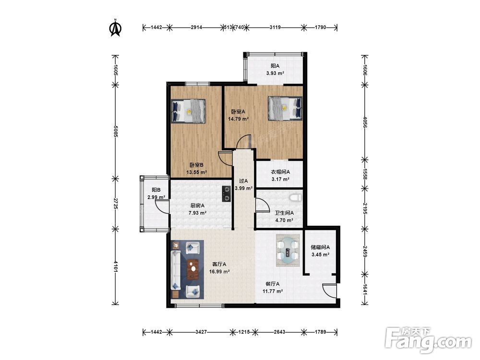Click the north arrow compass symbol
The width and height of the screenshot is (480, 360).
point(116,28)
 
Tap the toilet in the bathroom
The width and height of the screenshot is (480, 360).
point(295,197)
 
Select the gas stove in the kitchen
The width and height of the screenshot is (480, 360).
point(226,194)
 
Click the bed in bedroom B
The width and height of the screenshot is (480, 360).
point(188,111)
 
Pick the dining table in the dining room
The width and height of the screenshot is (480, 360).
point(288,250)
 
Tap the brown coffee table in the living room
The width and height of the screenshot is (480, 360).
point(192,269)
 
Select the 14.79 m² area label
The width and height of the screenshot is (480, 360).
point(238,119)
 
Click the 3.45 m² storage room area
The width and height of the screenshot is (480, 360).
point(320,254)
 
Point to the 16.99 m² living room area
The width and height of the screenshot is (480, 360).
point(219,271)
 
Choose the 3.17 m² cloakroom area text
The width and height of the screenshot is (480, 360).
point(280,180)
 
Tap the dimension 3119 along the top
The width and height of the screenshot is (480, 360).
point(275,27)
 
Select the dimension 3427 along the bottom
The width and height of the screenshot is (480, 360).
point(201,332)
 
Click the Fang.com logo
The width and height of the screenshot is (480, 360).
point(428,340)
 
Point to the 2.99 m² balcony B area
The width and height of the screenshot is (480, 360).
point(156,197)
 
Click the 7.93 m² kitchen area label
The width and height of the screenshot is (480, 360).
point(197,213)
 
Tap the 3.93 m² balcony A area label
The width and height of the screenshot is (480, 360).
point(275,73)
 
